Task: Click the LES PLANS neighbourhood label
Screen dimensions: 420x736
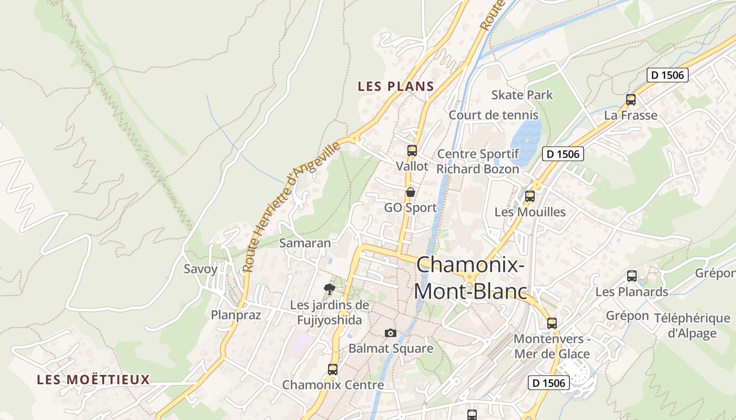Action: pos(395,87)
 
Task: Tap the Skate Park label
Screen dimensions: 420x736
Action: pos(522,95)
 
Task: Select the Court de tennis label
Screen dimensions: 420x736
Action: pos(493,115)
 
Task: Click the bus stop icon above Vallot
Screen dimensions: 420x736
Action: pos(412,151)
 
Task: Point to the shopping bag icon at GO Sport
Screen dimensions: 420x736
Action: pos(410,192)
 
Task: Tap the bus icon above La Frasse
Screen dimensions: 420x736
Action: pos(630,100)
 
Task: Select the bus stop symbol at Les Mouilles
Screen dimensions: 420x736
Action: pos(529,196)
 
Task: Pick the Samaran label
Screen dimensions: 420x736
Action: pos(305,243)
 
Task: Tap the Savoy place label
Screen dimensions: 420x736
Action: pos(200,269)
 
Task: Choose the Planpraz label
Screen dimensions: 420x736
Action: pos(236,315)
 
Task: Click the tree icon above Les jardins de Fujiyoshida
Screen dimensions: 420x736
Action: pos(330,289)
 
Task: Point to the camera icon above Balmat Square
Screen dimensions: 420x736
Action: pos(390,333)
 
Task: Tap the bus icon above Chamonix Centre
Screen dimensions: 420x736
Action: pos(332,369)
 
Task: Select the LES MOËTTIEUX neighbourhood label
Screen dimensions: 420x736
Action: pos(94,380)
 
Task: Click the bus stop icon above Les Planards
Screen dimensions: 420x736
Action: pos(631,276)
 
